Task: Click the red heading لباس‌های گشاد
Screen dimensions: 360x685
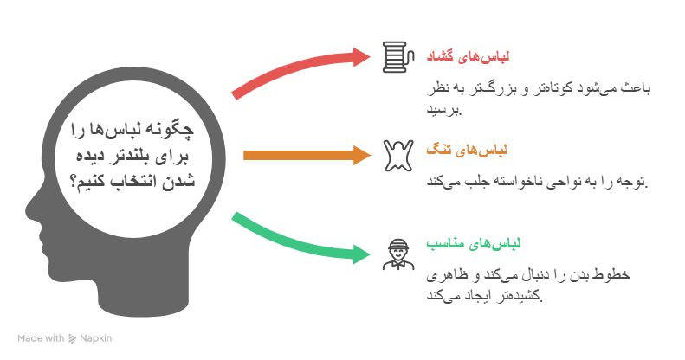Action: [468, 57]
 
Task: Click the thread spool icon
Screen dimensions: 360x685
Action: [394, 57]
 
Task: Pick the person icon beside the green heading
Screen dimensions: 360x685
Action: [395, 254]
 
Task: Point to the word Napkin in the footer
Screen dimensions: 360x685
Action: [96, 338]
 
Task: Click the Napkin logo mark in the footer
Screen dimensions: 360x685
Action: [73, 338]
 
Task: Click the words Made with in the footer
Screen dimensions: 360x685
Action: [41, 338]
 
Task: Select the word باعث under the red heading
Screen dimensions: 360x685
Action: [636, 88]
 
